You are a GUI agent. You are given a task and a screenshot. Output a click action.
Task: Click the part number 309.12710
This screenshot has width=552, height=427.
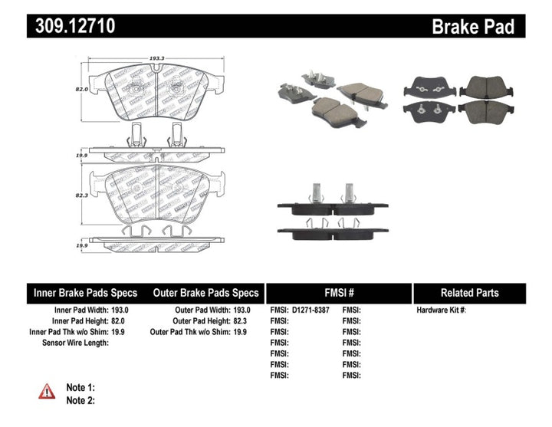[72, 26]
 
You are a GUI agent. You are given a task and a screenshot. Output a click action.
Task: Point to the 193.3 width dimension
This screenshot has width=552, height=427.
[156, 58]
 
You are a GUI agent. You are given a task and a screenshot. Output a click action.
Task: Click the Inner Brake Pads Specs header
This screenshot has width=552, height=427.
[85, 293]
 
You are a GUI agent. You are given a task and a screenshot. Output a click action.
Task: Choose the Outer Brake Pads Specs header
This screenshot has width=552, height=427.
[205, 293]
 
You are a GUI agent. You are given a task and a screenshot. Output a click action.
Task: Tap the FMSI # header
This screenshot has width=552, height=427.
[339, 293]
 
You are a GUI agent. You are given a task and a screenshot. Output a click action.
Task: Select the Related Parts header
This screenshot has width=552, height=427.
[469, 293]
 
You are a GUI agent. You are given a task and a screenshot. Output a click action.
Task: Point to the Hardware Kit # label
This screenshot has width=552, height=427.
[441, 310]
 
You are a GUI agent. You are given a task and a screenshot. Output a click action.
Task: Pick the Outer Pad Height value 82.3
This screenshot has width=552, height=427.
[241, 320]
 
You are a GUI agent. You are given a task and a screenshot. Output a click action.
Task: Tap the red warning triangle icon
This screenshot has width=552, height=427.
[48, 391]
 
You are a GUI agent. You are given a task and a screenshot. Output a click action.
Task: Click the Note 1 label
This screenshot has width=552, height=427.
[80, 387]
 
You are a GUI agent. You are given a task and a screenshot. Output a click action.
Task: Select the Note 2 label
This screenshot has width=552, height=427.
[80, 399]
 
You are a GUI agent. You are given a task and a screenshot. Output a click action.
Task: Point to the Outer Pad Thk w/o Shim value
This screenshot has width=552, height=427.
[241, 331]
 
